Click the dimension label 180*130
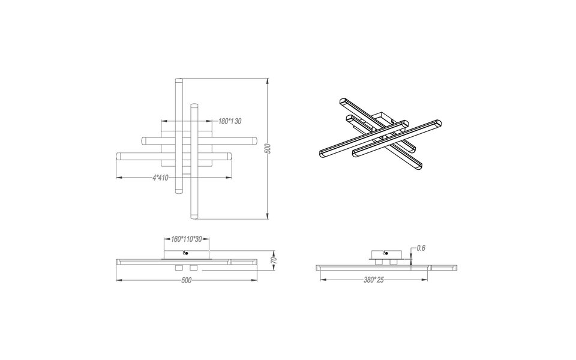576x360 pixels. click(x=230, y=121)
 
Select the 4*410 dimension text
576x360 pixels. click(x=160, y=178)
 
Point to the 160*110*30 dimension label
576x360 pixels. click(x=186, y=238)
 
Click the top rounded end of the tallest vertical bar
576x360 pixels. click(x=178, y=81)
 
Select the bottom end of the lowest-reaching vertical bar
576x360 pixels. click(x=193, y=215)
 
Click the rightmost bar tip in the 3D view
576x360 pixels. click(x=443, y=123)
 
